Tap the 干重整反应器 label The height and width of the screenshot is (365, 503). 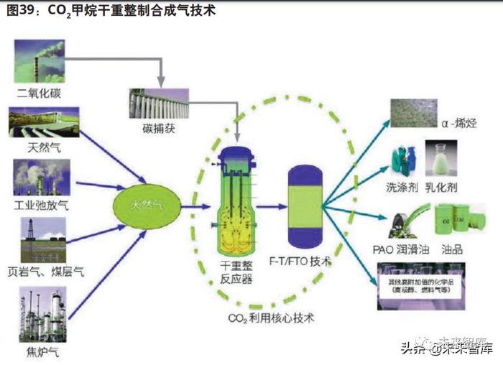coord(236,272)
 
